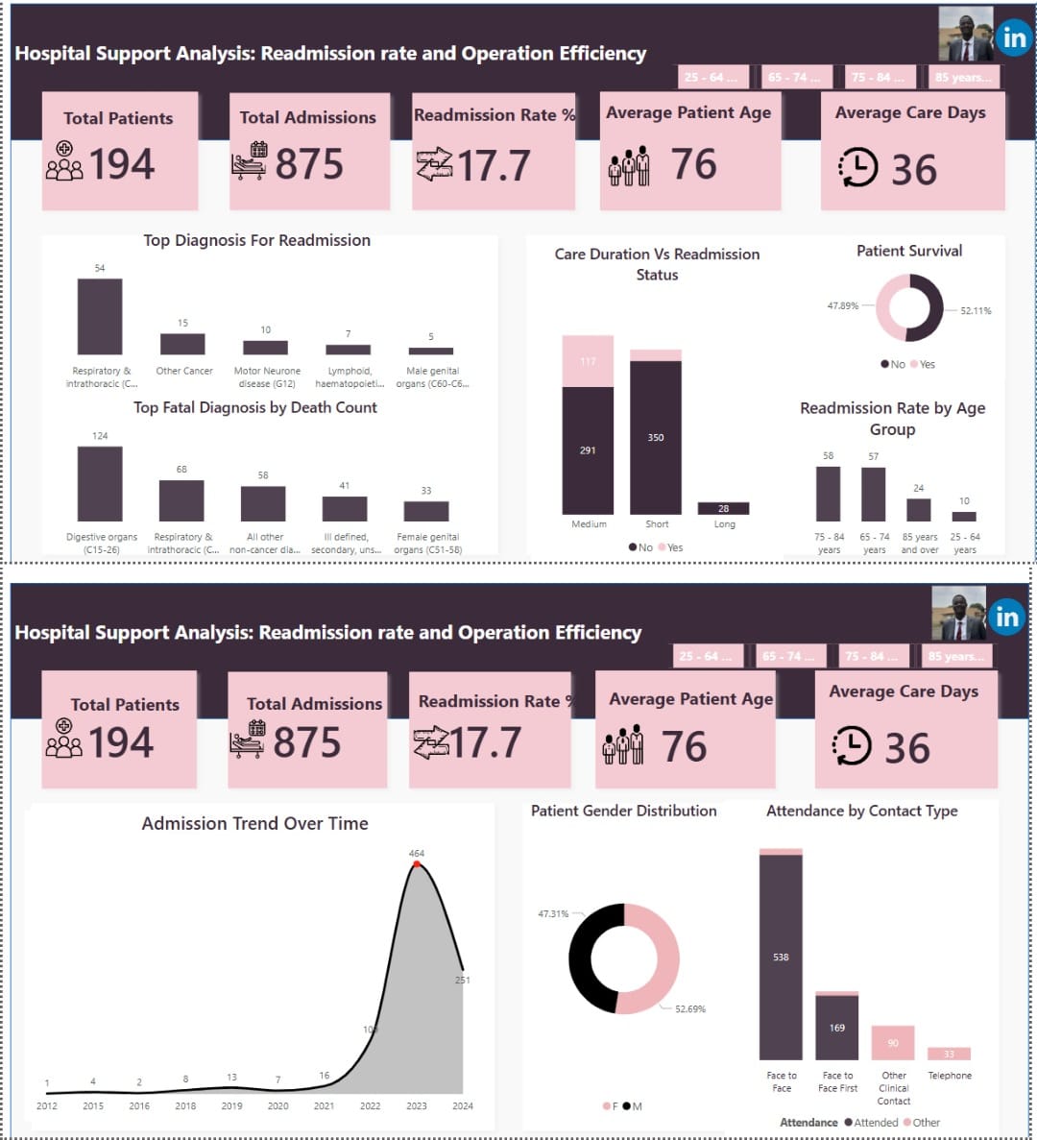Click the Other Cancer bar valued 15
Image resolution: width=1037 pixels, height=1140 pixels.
tap(182, 344)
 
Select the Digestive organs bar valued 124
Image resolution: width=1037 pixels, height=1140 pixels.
tap(100, 484)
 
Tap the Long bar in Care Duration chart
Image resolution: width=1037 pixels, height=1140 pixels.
tap(723, 508)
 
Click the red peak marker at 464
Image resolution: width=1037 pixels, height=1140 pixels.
tap(417, 864)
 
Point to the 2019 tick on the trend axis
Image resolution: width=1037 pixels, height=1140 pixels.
tap(231, 1105)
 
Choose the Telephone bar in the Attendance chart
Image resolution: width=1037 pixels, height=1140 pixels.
tap(949, 1054)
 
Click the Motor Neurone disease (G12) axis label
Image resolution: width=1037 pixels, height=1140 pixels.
tap(267, 376)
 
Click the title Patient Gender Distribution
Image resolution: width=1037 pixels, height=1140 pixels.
tap(623, 811)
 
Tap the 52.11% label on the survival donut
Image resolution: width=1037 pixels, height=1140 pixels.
tap(976, 311)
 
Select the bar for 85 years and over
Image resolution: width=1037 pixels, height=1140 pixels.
tap(919, 509)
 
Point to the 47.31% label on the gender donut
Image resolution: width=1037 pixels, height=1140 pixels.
tap(553, 913)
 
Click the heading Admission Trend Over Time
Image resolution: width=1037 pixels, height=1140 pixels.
tap(254, 824)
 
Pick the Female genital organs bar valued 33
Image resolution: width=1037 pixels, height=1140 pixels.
tap(426, 511)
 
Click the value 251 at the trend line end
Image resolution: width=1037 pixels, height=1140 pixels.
tap(463, 980)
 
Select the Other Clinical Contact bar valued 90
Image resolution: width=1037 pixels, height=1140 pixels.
tap(893, 1043)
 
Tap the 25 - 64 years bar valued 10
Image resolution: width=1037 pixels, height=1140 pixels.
tap(964, 516)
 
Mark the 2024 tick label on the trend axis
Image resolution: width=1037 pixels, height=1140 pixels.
tap(463, 1105)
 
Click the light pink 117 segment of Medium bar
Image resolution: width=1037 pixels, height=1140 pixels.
tap(588, 361)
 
